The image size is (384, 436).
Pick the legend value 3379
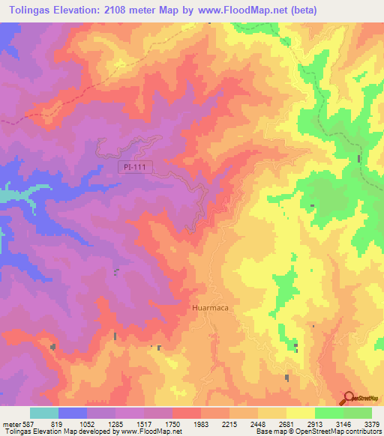[x=371, y=423]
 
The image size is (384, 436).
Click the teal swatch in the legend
[x=43, y=413]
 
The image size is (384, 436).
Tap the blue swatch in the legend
[x=72, y=413]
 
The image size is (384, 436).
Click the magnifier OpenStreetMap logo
[x=349, y=398]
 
